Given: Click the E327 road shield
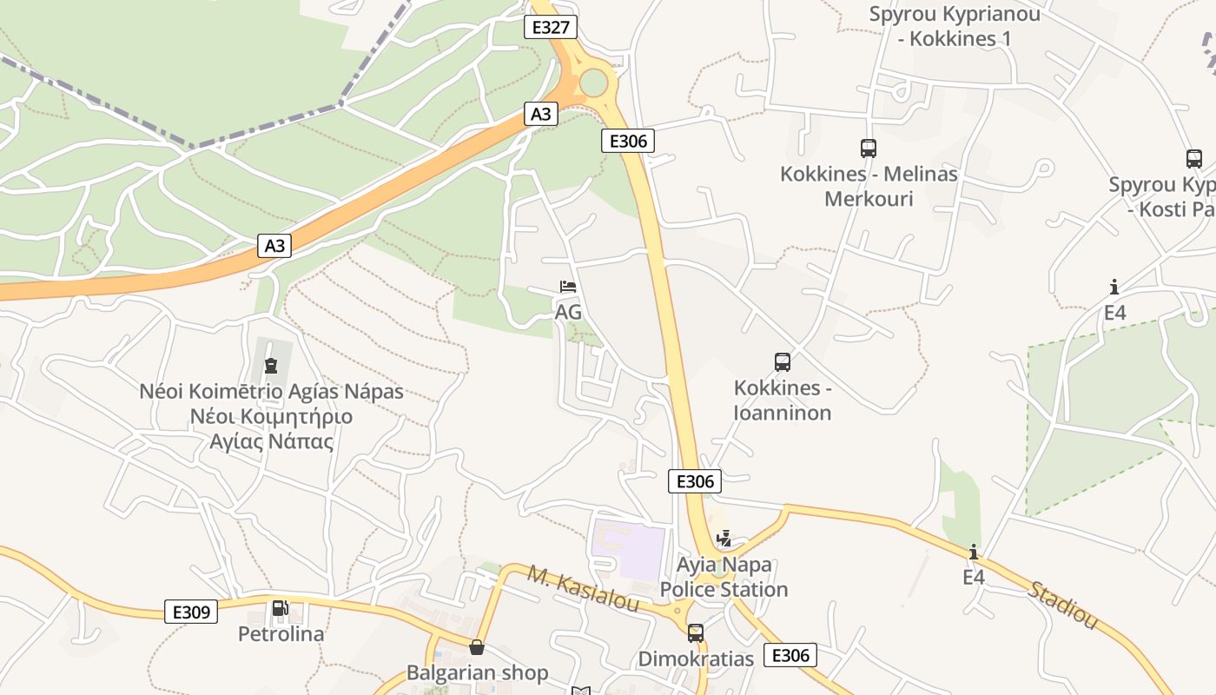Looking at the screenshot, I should [x=551, y=27].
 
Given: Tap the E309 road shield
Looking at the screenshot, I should [x=190, y=612].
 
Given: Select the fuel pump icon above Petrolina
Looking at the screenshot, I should [x=280, y=608].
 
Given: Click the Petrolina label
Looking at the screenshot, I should [x=281, y=634].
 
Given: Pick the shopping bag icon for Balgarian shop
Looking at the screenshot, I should [x=476, y=647].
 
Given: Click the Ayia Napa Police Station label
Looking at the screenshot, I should [x=724, y=578].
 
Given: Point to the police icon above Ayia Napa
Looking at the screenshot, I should [x=724, y=539].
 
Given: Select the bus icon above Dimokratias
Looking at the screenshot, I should [x=695, y=633].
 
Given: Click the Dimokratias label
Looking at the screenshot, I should [x=696, y=659].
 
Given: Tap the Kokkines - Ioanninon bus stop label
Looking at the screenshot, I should [x=783, y=400].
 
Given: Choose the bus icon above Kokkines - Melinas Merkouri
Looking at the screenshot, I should [x=868, y=149].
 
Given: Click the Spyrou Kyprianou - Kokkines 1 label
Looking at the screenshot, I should [x=955, y=26].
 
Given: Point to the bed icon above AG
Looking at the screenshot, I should [x=568, y=287].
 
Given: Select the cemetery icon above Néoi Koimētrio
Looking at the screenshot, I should [x=271, y=366].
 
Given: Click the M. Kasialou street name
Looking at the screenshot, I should [x=583, y=588].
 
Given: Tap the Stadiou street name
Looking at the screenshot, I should [x=1062, y=605].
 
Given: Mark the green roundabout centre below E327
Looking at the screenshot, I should [x=593, y=83].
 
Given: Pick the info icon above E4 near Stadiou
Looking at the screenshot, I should [x=974, y=552].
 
